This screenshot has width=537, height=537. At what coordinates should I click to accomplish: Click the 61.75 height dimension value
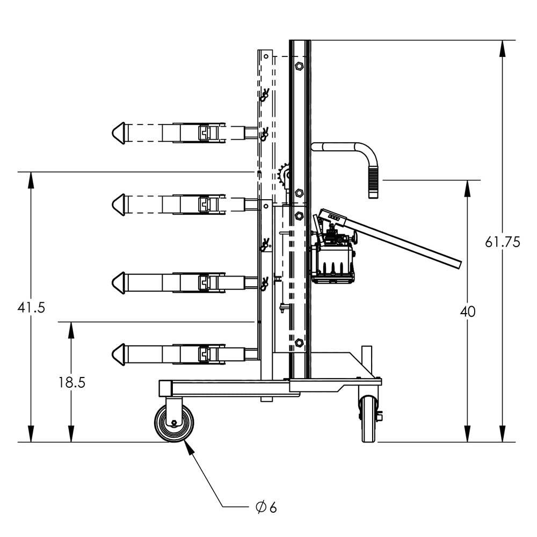pyautogui.click(x=502, y=242)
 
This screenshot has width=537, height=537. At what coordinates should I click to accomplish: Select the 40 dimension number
pyautogui.click(x=468, y=312)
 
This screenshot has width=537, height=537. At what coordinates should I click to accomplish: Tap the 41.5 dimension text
pyautogui.click(x=31, y=308)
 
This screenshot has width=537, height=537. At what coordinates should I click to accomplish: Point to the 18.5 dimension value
pyautogui.click(x=71, y=382)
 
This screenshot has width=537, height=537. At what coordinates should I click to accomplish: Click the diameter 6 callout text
pyautogui.click(x=266, y=507)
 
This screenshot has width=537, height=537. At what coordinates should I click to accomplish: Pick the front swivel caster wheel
pyautogui.click(x=174, y=424)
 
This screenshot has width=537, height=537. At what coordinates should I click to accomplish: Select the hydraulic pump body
pyautogui.click(x=335, y=260)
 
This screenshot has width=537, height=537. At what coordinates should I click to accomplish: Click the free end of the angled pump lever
pyautogui.click(x=456, y=263)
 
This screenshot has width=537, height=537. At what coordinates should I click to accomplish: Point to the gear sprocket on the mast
pyautogui.click(x=284, y=176)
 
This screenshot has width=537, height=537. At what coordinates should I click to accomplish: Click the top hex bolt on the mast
pyautogui.click(x=299, y=66)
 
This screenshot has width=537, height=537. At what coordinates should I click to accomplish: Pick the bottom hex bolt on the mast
pyautogui.click(x=299, y=342)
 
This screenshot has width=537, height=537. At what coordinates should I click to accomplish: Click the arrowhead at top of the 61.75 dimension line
pyautogui.click(x=502, y=48)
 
